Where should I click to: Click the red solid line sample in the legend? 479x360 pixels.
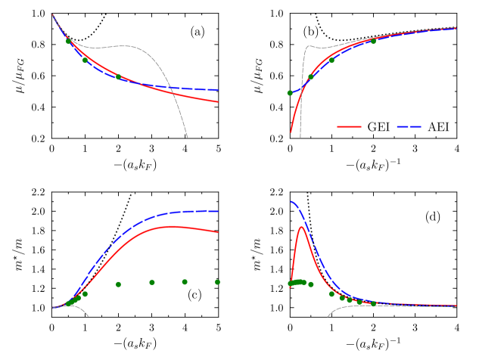[x=349, y=126]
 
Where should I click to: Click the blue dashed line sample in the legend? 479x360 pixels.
[x=409, y=126]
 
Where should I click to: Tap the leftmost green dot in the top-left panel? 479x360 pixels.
[x=68, y=42]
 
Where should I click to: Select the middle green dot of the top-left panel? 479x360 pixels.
[x=85, y=60]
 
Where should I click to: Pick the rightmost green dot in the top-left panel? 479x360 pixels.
[x=118, y=76]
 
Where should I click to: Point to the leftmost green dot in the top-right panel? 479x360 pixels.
[x=290, y=93]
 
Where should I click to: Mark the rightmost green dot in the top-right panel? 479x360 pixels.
[x=373, y=42]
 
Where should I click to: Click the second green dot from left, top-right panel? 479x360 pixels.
[x=310, y=76]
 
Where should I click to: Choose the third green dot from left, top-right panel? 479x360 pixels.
[x=331, y=60]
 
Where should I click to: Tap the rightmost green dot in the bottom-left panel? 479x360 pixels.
[x=217, y=282]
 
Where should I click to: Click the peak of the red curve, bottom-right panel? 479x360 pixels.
[x=302, y=226]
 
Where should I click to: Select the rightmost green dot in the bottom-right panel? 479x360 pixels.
[x=374, y=304]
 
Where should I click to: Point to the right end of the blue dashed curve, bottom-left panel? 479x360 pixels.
[x=218, y=211]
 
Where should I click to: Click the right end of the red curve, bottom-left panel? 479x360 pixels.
[x=218, y=232]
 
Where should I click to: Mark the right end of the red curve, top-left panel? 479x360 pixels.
[x=218, y=101]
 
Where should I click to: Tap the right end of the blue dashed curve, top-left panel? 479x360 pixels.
[x=218, y=90]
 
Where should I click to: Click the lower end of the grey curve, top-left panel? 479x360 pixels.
[x=187, y=137]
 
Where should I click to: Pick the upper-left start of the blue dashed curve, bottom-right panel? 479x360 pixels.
[x=291, y=201]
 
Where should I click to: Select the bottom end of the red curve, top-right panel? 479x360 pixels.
[x=291, y=132]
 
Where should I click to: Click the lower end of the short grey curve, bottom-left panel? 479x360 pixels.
[x=89, y=316]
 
